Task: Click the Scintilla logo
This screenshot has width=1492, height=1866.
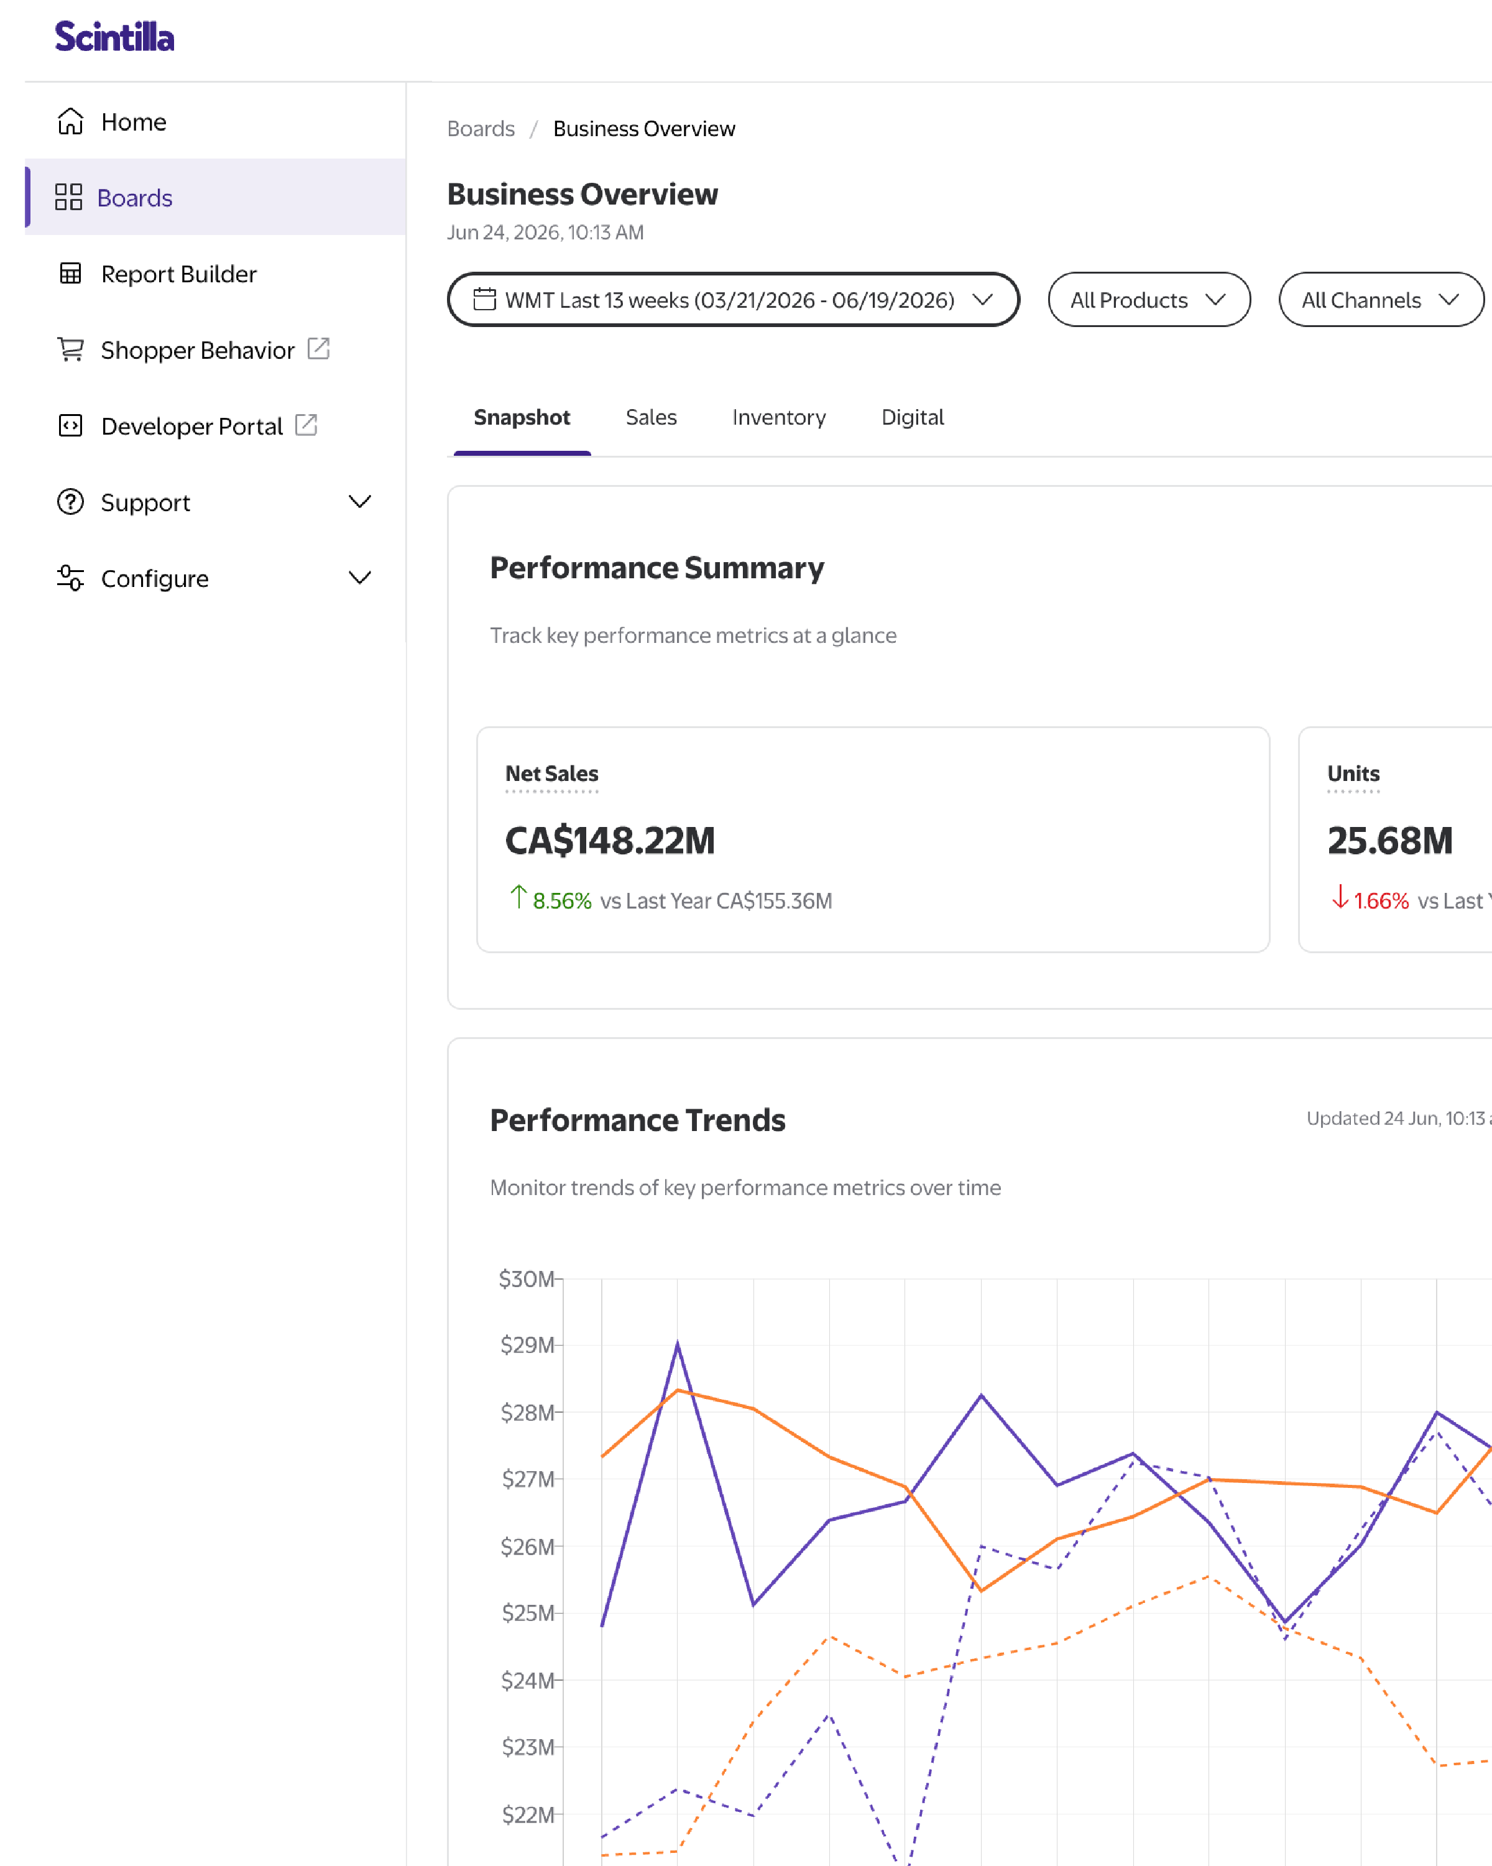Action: click(x=114, y=36)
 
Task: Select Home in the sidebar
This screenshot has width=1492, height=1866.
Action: click(x=133, y=122)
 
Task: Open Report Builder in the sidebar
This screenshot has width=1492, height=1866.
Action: click(x=178, y=274)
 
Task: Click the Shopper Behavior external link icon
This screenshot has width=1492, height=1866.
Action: click(x=318, y=349)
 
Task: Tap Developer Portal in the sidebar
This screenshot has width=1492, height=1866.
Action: click(x=191, y=426)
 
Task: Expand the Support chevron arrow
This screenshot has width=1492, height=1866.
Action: click(x=360, y=502)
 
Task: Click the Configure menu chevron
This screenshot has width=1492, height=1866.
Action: click(x=360, y=578)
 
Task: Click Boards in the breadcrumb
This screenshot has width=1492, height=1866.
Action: click(x=481, y=129)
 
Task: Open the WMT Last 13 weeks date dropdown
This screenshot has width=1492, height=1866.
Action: click(x=733, y=300)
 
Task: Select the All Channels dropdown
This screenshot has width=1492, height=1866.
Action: click(x=1381, y=300)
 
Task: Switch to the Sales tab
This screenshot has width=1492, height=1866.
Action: click(x=651, y=417)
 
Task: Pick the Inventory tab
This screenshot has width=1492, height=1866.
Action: click(x=779, y=417)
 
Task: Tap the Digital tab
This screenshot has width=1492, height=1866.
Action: click(x=912, y=417)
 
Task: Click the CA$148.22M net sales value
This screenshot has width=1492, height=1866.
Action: click(x=610, y=841)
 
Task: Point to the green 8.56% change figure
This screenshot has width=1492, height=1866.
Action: click(x=561, y=901)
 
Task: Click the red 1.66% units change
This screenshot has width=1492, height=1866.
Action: click(x=1381, y=901)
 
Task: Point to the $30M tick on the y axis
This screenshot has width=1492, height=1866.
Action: click(x=526, y=1279)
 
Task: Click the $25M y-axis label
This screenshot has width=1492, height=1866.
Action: click(x=528, y=1614)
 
